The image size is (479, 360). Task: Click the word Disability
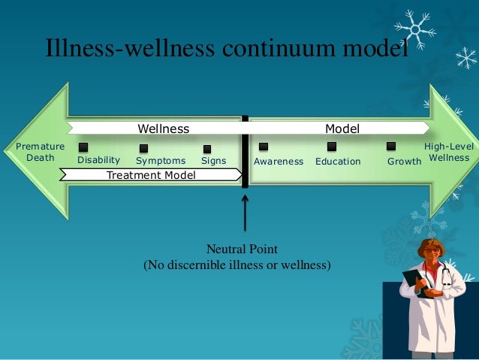pos(98,160)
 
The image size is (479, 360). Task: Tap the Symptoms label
pos(161,161)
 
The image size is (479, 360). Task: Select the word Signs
pos(213,161)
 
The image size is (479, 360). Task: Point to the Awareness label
pos(279,162)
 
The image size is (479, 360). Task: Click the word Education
pos(338,162)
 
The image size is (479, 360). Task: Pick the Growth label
pos(404,162)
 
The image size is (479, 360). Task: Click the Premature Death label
pos(41,152)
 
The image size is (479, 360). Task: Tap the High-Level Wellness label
pos(449,152)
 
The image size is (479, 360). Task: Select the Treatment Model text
pos(151,175)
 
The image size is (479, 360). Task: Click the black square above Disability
pos(83,147)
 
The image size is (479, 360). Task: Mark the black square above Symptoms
pos(143,148)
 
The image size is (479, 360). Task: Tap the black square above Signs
pos(207,149)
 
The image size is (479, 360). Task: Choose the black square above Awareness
pos(264,147)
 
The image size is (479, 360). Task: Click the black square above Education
pos(331,147)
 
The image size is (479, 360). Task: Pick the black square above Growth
pos(391,146)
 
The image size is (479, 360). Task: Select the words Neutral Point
pos(236,250)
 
